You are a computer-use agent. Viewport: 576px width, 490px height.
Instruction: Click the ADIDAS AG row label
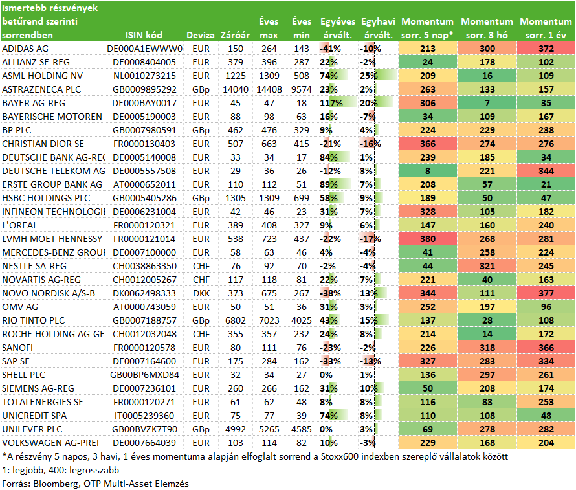coord(25,49)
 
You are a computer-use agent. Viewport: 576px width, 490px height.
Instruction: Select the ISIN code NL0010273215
coord(144,76)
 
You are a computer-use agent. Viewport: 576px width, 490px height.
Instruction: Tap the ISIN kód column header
coord(144,35)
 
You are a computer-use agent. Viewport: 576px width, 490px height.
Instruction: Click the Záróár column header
coord(235,35)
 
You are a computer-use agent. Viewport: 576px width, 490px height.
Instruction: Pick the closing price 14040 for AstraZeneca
coord(236,89)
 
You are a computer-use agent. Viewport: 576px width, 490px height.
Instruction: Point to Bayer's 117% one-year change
coord(331,103)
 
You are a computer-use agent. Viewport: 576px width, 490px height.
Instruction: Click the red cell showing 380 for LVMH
coord(428,239)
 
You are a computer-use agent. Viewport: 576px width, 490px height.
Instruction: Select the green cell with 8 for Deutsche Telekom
coord(428,171)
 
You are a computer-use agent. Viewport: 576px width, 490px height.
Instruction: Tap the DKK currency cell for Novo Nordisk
coord(201,293)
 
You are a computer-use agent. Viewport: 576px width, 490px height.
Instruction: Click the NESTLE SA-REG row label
coord(34,266)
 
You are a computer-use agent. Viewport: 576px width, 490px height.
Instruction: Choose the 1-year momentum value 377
coord(546,293)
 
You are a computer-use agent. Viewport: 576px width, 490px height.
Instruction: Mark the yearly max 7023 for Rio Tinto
coord(269,320)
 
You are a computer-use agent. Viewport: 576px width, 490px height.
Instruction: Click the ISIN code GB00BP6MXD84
coord(144,375)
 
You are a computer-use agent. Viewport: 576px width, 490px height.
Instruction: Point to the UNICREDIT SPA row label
coord(34,416)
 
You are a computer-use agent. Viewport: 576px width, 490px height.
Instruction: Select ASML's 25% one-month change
coord(369,76)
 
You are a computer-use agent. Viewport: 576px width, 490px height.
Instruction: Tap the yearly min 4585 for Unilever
coord(301,429)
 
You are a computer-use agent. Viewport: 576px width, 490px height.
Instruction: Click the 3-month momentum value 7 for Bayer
coord(487,103)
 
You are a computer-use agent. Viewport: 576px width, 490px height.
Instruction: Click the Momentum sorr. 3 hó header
coord(487,28)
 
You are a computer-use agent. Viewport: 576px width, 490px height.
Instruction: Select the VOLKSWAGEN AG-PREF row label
coord(51,443)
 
